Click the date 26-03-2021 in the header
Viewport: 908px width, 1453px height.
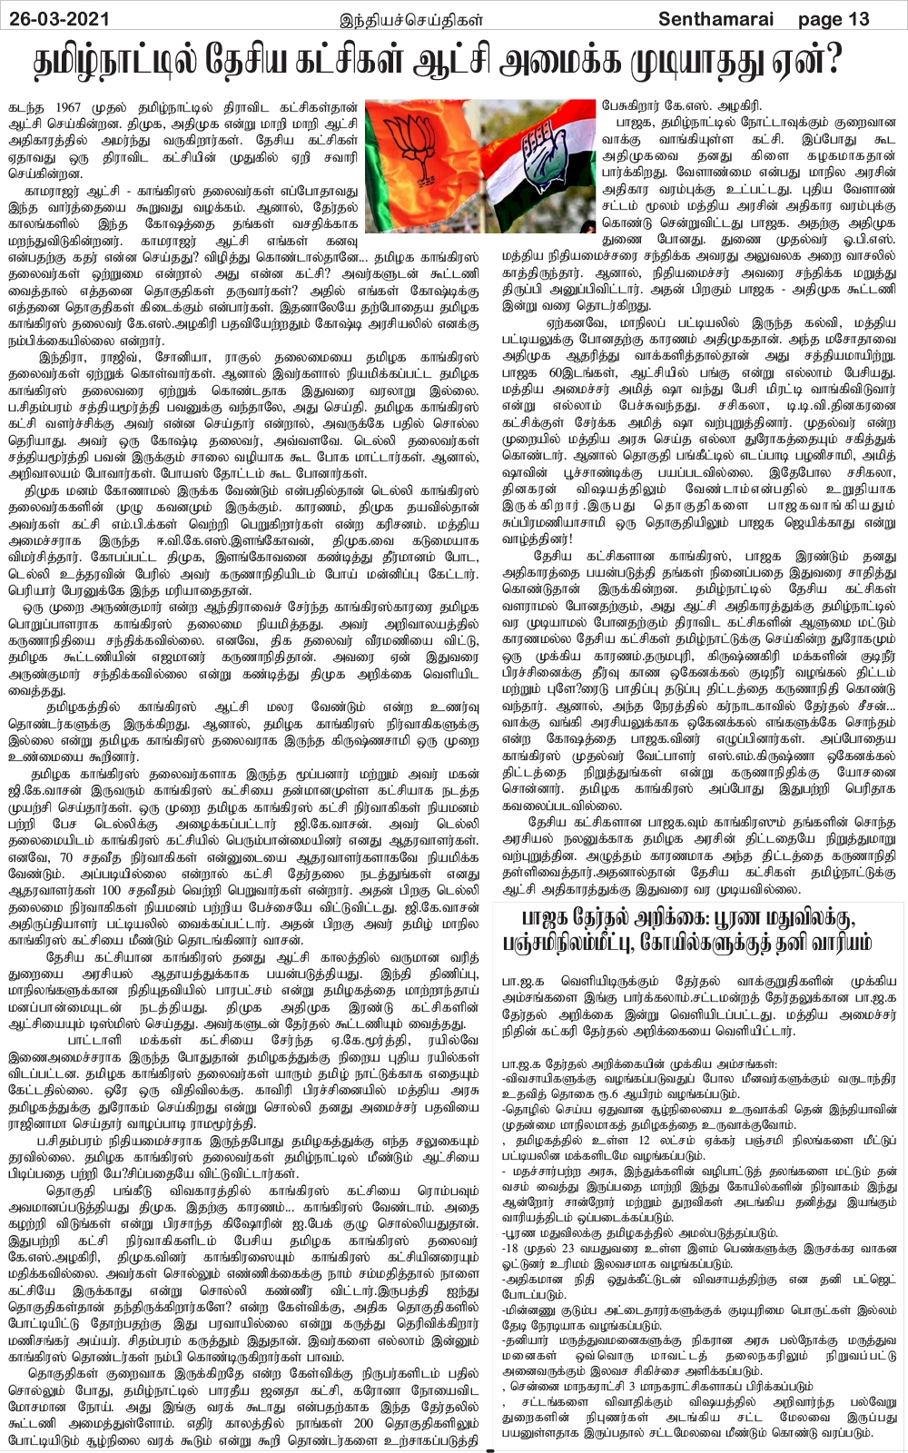(x=56, y=17)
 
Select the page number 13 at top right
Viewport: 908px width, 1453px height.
(x=856, y=18)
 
